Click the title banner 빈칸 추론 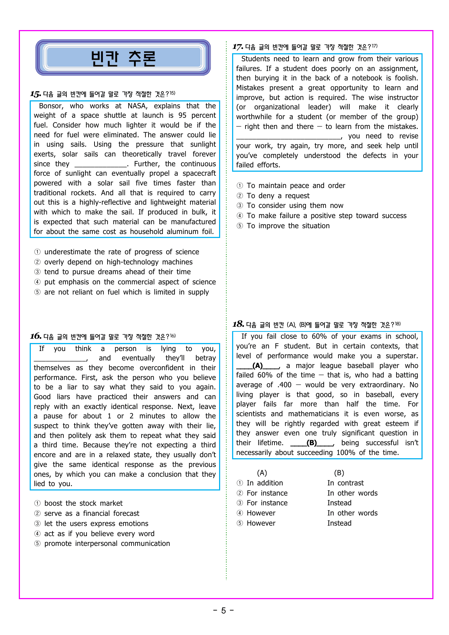[123, 58]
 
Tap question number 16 [35, 337]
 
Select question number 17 [238, 47]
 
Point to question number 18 [238, 324]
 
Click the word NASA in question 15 [137, 106]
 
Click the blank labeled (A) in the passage [257, 366]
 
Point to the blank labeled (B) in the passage [311, 443]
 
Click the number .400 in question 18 [284, 385]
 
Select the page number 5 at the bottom [223, 611]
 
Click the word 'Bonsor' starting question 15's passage [51, 106]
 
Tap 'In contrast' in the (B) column [345, 483]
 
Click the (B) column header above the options [339, 473]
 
